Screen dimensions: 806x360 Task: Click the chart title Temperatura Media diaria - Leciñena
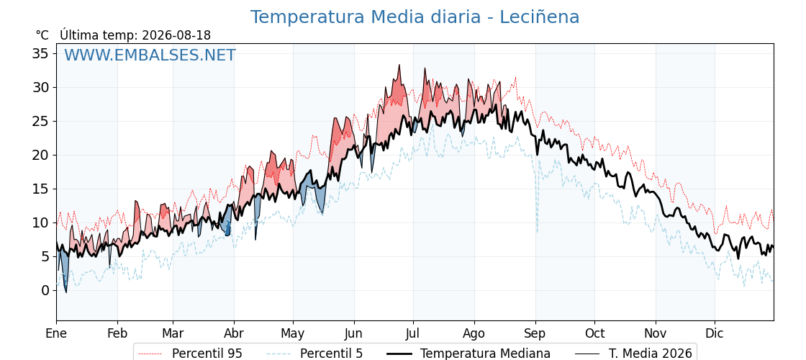[x=415, y=17]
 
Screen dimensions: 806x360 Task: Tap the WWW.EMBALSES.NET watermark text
[x=150, y=55]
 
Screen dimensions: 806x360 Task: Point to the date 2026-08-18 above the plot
[x=176, y=35]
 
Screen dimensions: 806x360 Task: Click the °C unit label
[x=42, y=35]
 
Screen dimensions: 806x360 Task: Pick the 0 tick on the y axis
[x=45, y=291]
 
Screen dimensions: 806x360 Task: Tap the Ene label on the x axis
[x=57, y=333]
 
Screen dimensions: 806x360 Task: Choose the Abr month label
[x=234, y=333]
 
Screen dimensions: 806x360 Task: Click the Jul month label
[x=413, y=333]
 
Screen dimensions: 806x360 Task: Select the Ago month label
[x=474, y=334]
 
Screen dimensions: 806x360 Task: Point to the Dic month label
[x=715, y=333]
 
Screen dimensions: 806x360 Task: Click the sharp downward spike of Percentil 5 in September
[x=538, y=232]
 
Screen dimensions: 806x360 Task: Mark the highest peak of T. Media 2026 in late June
[x=399, y=65]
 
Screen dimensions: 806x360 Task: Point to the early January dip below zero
[x=65, y=292]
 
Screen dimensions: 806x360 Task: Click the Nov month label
[x=656, y=333]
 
